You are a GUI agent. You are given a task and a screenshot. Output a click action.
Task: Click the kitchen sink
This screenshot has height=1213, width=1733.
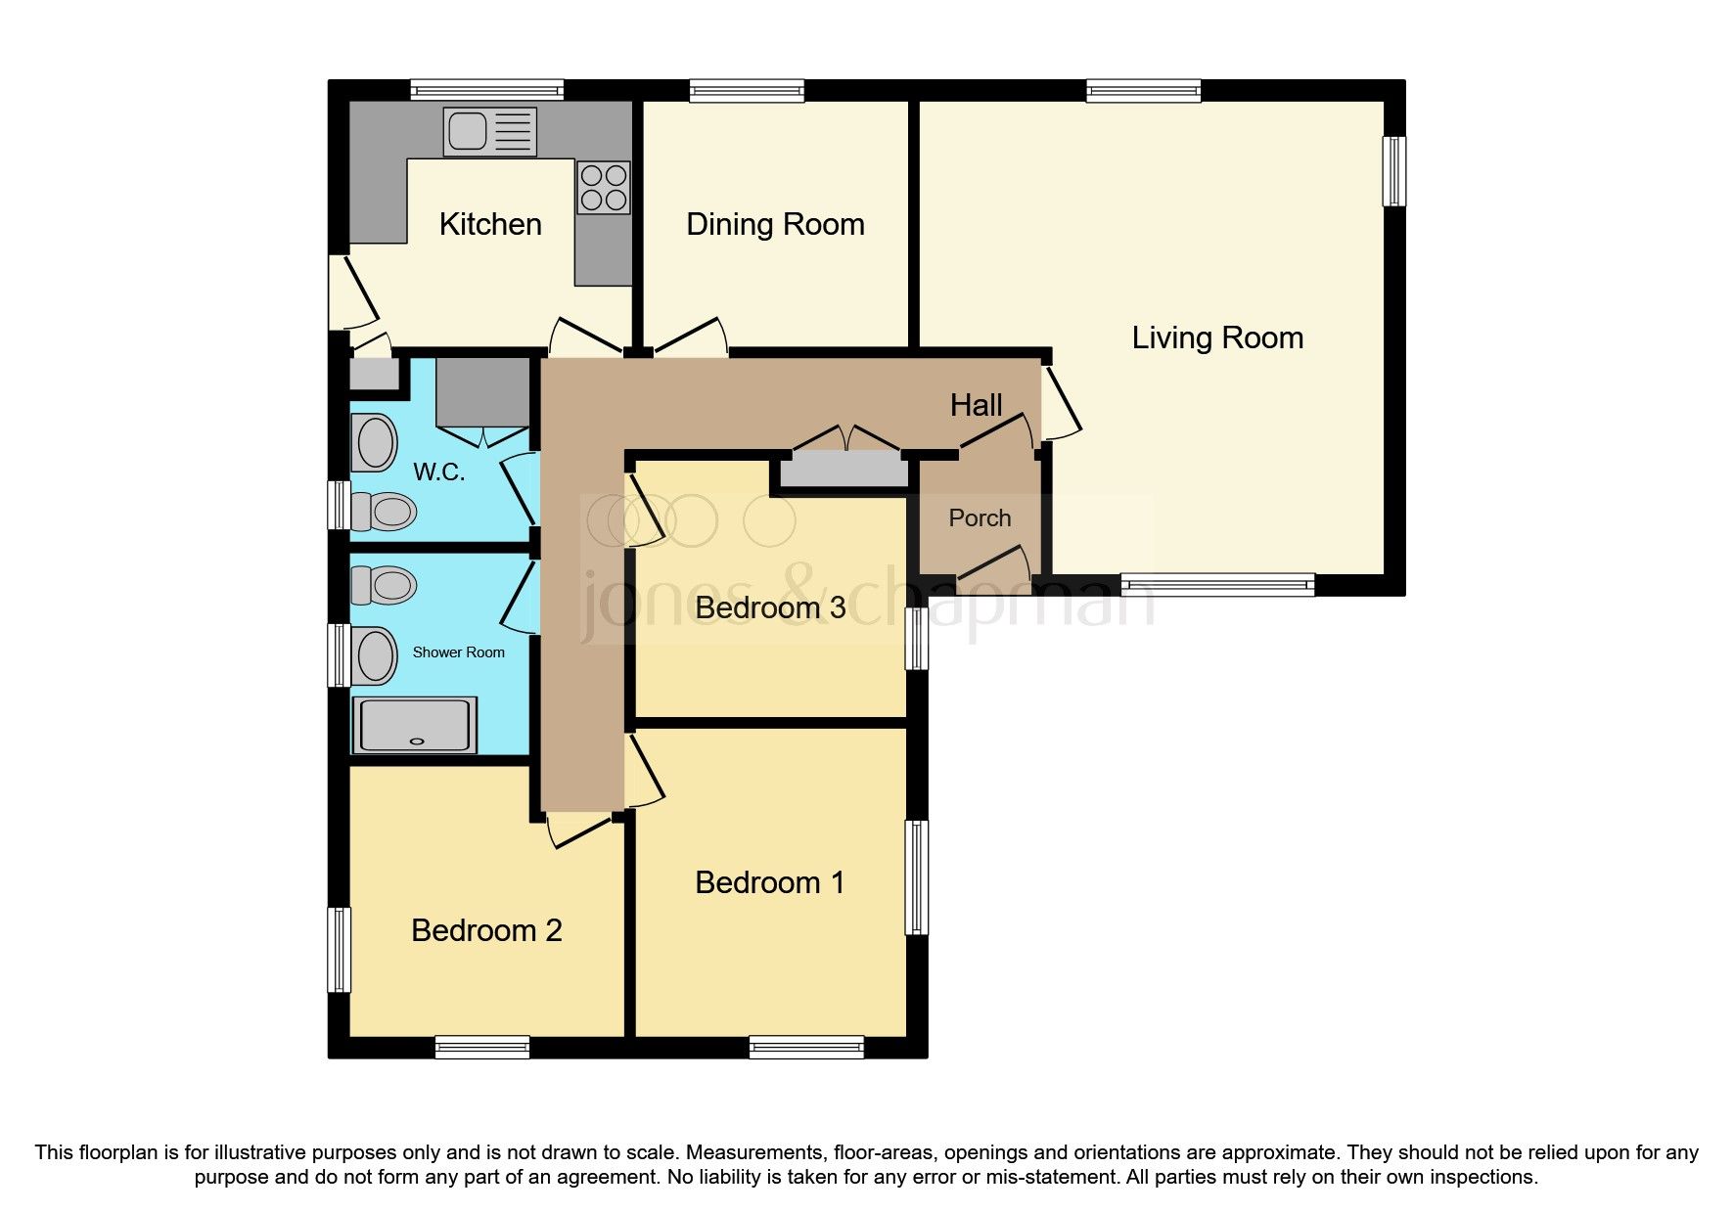489,131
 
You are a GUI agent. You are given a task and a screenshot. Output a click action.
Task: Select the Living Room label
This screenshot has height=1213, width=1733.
1217,338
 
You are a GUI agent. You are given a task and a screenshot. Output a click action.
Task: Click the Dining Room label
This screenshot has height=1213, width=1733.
775,225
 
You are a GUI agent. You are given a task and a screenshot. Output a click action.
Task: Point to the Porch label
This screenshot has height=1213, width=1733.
980,518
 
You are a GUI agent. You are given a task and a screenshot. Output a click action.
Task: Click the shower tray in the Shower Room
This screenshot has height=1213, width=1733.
417,725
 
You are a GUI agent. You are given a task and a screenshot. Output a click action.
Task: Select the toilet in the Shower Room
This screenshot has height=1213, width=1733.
383,586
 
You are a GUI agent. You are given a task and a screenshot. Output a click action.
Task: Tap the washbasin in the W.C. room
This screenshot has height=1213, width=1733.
377,443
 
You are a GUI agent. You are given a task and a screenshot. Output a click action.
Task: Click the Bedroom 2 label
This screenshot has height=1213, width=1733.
486,930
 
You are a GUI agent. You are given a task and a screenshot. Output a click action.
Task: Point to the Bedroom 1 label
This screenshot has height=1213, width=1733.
769,883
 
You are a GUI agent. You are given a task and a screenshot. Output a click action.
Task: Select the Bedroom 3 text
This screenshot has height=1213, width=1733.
769,607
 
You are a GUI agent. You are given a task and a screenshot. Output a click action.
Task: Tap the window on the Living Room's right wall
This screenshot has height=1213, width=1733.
1393,171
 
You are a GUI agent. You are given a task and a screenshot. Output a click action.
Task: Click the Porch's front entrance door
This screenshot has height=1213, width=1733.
993,571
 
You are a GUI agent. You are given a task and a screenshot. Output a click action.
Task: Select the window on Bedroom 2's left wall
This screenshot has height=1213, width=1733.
340,949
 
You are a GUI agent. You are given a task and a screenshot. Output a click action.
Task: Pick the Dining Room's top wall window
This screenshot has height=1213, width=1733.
747,91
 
